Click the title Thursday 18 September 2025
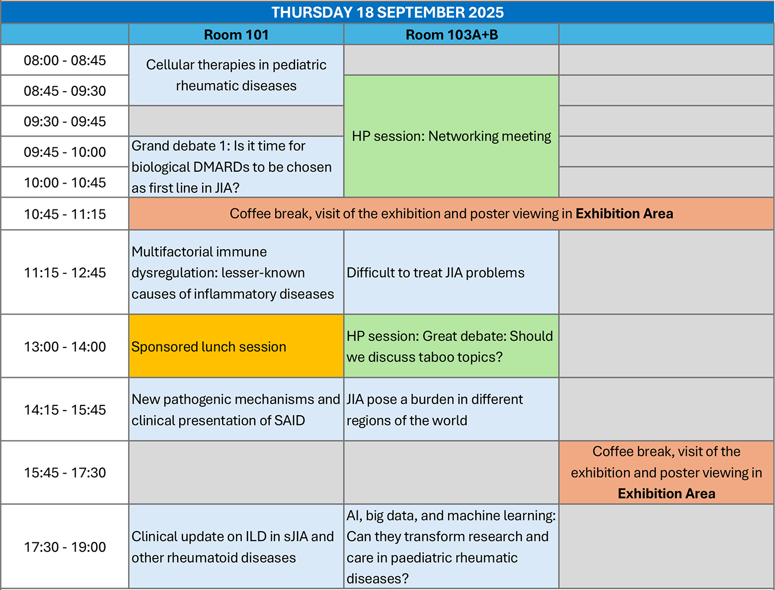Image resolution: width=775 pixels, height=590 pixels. pyautogui.click(x=388, y=12)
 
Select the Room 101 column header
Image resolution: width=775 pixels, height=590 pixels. pyautogui.click(x=236, y=35)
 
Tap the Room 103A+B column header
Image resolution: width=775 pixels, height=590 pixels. pyautogui.click(x=452, y=35)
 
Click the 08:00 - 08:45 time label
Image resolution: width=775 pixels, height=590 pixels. pyautogui.click(x=65, y=60)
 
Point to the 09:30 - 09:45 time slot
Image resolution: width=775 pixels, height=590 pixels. pyautogui.click(x=65, y=121)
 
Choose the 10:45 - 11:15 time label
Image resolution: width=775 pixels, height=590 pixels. pyautogui.click(x=65, y=214)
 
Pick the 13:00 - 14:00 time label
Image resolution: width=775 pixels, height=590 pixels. pyautogui.click(x=65, y=346)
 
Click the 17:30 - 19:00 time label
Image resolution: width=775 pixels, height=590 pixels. pyautogui.click(x=65, y=547)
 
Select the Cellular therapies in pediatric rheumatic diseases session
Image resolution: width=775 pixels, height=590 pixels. pyautogui.click(x=236, y=75)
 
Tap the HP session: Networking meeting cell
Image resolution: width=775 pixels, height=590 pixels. pyautogui.click(x=451, y=136)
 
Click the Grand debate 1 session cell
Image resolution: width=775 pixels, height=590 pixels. pyautogui.click(x=236, y=167)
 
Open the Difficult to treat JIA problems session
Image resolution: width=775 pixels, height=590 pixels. pyautogui.click(x=451, y=273)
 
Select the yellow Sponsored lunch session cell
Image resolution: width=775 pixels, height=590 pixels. pyautogui.click(x=236, y=346)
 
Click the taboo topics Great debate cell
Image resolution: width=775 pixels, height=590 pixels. pyautogui.click(x=451, y=346)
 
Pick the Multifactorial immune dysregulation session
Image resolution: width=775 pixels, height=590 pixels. pyautogui.click(x=236, y=273)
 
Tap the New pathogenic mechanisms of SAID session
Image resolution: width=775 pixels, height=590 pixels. pyautogui.click(x=236, y=410)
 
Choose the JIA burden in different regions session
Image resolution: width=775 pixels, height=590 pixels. pyautogui.click(x=451, y=410)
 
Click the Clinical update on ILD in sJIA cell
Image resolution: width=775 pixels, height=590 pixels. pyautogui.click(x=236, y=547)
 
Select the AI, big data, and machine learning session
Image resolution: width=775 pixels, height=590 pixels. pyautogui.click(x=451, y=547)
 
